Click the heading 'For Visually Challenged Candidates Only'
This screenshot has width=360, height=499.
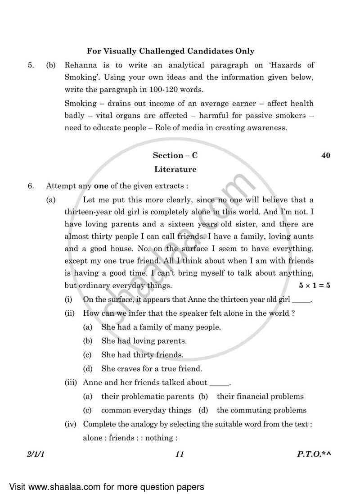(x=171, y=51)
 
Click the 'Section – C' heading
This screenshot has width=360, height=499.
(x=175, y=155)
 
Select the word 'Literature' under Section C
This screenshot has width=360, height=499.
(x=175, y=170)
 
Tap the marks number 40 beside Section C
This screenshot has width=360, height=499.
(x=326, y=155)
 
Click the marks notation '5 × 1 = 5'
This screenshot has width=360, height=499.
(x=314, y=286)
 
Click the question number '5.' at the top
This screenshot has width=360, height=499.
(x=31, y=65)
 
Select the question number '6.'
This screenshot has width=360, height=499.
(x=31, y=185)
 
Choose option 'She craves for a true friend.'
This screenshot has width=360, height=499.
(x=152, y=368)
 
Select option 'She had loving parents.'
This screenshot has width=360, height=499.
(x=144, y=341)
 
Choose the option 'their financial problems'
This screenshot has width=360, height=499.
(x=260, y=396)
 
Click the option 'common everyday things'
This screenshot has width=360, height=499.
(x=146, y=410)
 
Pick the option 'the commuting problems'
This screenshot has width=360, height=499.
(x=261, y=410)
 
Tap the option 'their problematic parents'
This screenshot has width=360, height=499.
(x=148, y=396)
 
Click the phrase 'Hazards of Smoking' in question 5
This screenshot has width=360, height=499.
(x=279, y=65)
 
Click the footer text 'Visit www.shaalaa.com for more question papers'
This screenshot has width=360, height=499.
(x=106, y=486)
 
